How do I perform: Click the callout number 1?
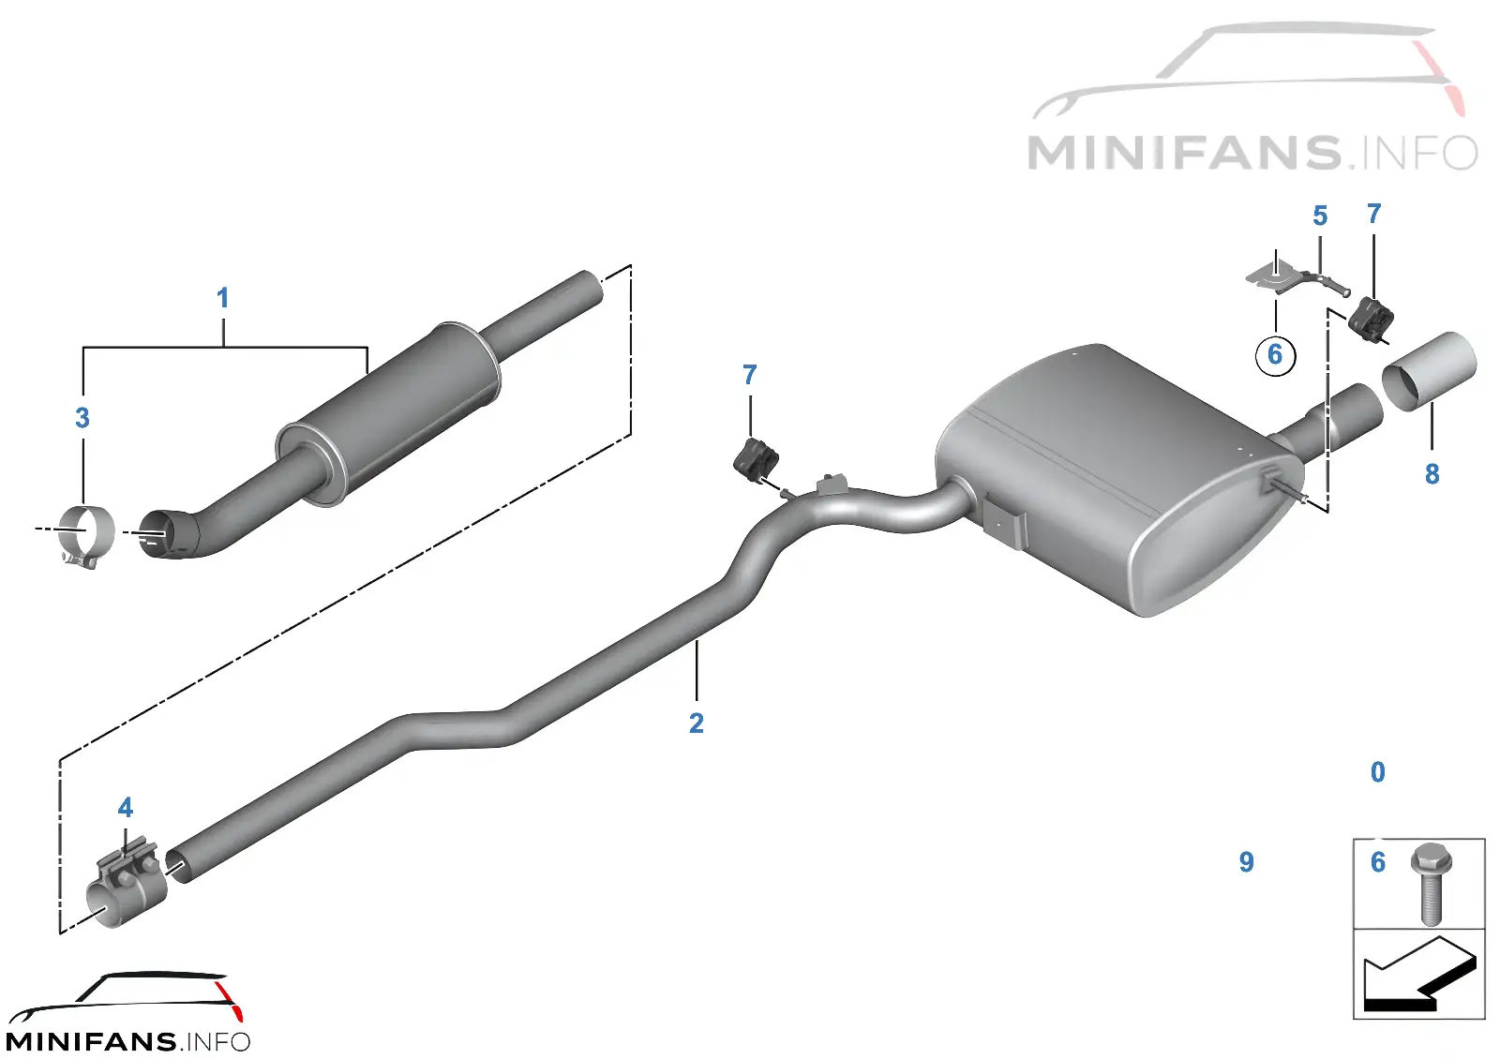(223, 298)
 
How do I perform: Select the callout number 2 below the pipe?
(697, 723)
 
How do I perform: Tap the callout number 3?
(82, 418)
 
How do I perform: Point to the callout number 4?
(126, 807)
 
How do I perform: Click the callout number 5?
(1319, 216)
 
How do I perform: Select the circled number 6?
(1275, 354)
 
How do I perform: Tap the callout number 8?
(1432, 474)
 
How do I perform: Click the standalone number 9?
(1246, 861)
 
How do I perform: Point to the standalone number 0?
(1377, 772)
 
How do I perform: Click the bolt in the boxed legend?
(1431, 885)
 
